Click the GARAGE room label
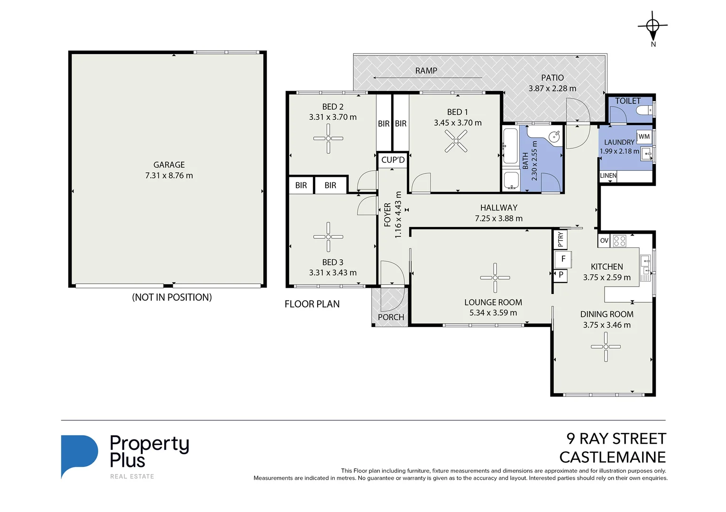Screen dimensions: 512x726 point(169,165)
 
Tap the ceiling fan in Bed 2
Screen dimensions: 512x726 point(328,138)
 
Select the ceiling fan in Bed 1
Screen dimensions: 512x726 point(456,141)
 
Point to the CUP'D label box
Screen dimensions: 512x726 point(393,160)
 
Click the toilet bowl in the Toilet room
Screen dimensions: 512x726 point(644,110)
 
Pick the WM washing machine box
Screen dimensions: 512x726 point(644,137)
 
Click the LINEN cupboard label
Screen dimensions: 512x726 point(608,175)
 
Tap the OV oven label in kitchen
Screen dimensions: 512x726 point(604,240)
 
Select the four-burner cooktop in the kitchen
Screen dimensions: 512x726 point(619,240)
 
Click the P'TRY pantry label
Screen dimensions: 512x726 point(561,239)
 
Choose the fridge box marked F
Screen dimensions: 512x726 point(563,259)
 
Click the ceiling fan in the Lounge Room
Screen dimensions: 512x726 point(495,278)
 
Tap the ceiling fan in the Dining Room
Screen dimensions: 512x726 point(606,347)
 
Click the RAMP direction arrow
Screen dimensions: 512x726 point(427,78)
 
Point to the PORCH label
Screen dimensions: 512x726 point(391,317)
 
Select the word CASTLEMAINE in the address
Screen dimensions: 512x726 point(612,457)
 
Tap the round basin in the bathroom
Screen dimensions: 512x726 point(554,137)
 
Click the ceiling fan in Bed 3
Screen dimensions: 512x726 point(328,237)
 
